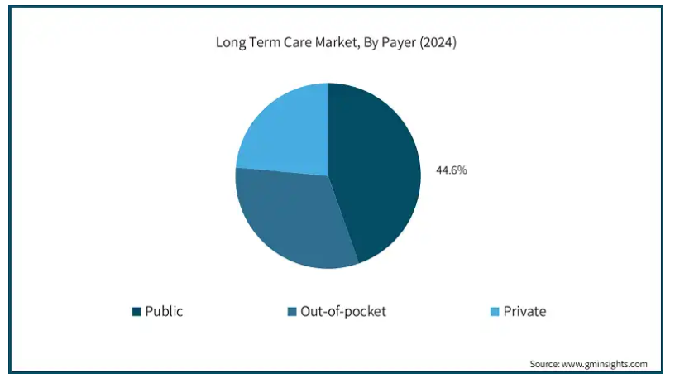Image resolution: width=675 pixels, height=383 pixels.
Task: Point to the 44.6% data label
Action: click(452, 170)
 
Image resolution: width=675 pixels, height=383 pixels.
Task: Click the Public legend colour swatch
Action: click(136, 312)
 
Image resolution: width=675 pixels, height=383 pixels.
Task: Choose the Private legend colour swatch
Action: click(495, 312)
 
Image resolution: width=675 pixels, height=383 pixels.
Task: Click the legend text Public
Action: click(164, 312)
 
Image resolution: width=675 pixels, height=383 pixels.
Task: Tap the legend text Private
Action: click(524, 312)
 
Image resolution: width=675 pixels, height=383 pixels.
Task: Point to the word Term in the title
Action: click(268, 43)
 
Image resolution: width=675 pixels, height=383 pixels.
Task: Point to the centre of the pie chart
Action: click(328, 175)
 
